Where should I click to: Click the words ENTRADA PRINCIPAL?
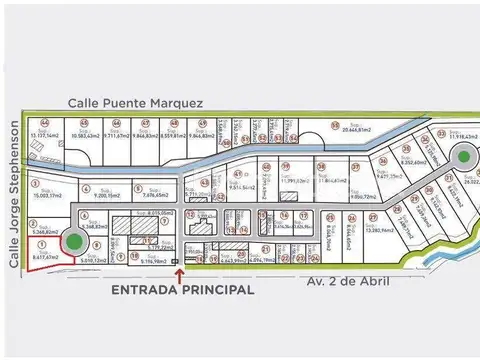point(180,290)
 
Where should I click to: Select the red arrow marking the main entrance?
point(179,272)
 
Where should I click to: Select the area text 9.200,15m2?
point(108,196)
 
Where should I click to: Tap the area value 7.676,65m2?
point(153,196)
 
